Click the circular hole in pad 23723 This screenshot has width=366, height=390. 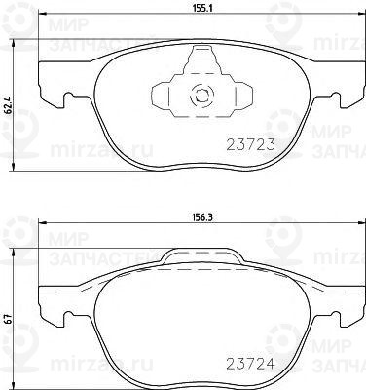tap(202, 96)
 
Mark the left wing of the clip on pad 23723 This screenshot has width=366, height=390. tap(164, 96)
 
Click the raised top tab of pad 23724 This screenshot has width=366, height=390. tap(202, 257)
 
